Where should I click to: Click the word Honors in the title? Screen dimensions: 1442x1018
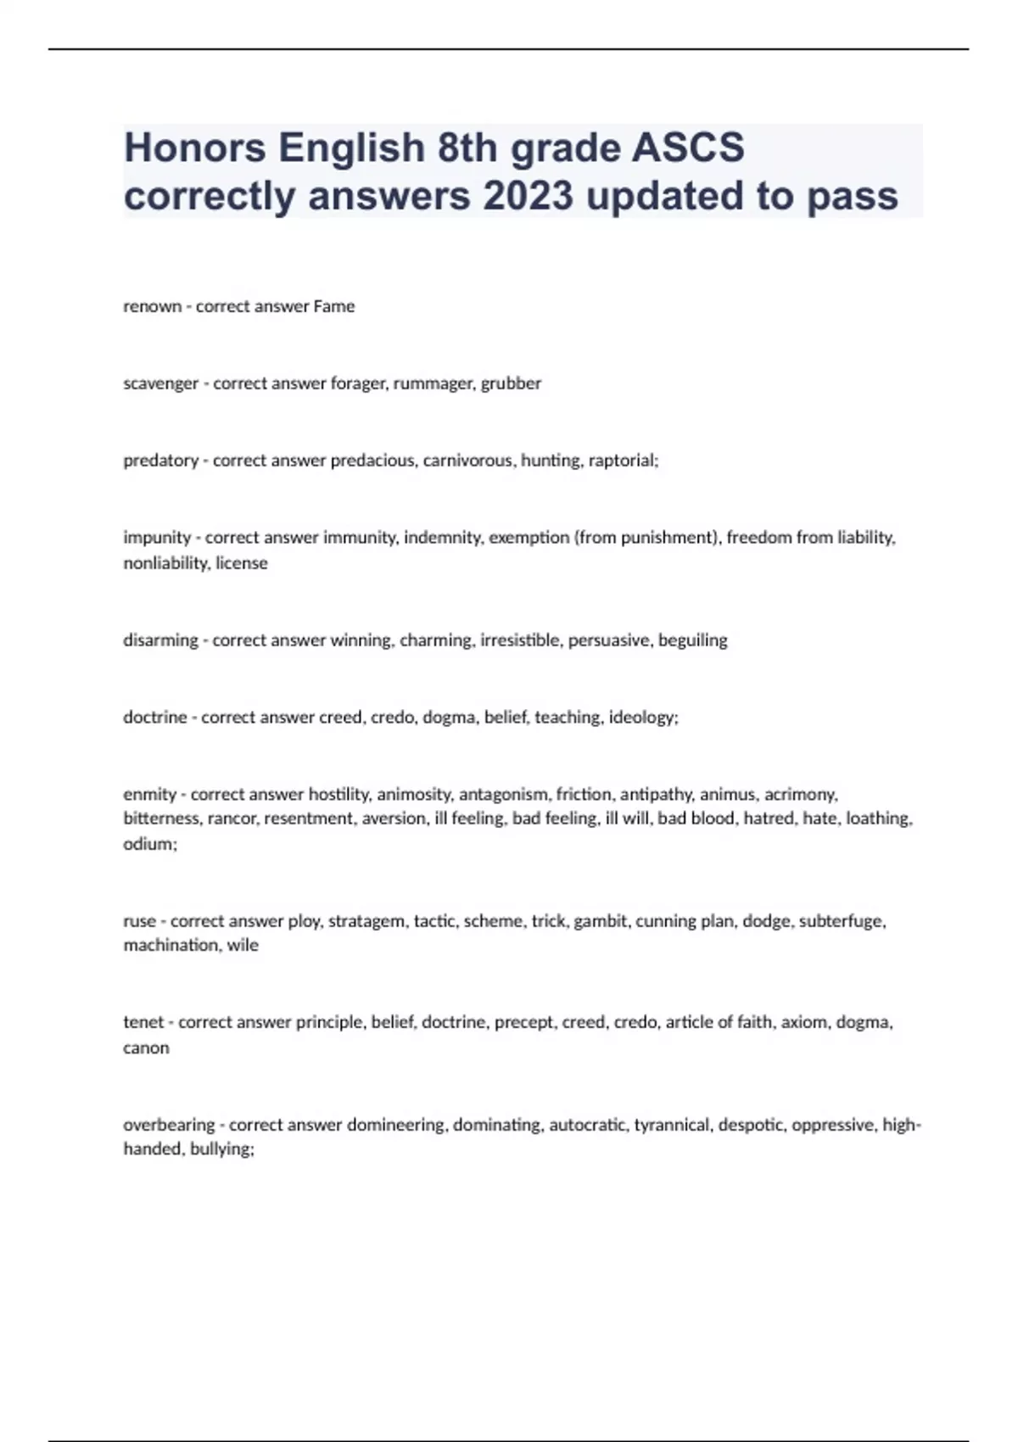[x=196, y=148]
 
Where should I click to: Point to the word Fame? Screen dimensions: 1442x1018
[x=333, y=306]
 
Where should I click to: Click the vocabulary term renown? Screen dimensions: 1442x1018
[x=153, y=306]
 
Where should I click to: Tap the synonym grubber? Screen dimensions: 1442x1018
[x=511, y=383]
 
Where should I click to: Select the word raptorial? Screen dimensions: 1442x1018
[x=626, y=461]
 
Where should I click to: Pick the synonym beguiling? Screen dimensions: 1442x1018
[x=692, y=640]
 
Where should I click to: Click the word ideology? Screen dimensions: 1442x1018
[x=642, y=718]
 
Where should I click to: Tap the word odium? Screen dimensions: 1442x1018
[x=148, y=845]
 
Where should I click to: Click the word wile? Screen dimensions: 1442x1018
[x=243, y=945]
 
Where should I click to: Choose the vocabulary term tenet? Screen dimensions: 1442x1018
[x=143, y=1022]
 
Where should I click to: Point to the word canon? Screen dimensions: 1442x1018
[x=146, y=1048]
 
